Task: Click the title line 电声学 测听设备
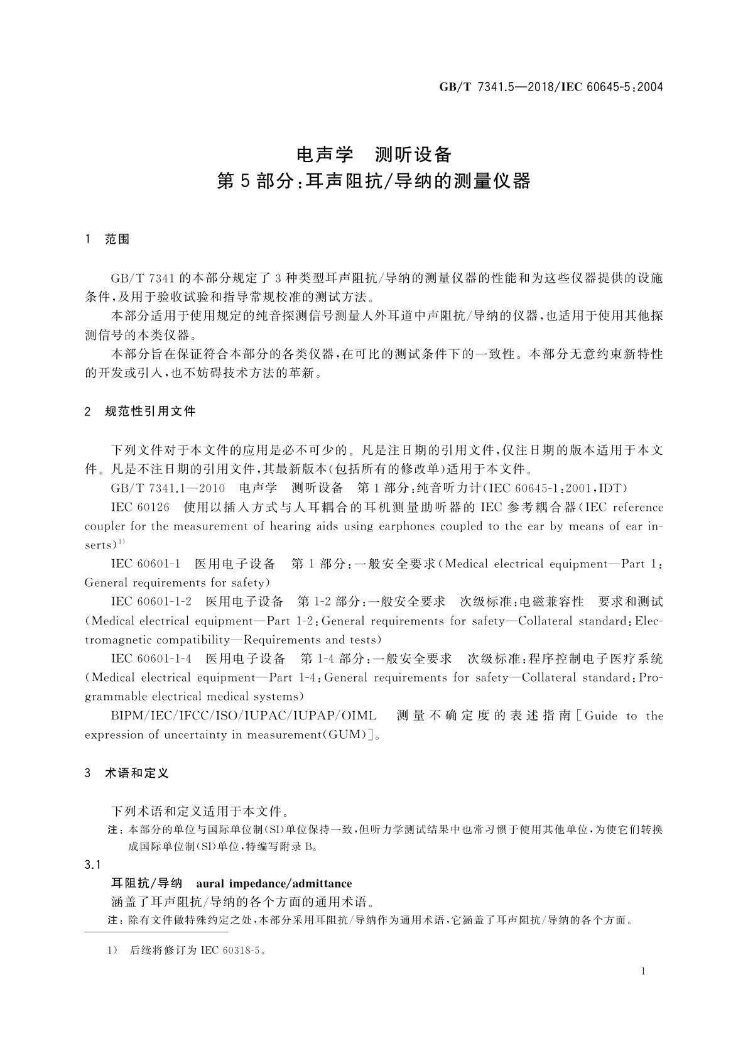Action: point(374,154)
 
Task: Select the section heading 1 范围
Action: point(107,239)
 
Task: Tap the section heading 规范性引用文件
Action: point(151,412)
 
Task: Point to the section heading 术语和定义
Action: point(137,773)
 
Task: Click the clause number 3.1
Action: point(93,865)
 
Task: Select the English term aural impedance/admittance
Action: point(274,883)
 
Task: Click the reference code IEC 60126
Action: point(140,508)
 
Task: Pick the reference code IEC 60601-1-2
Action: point(151,602)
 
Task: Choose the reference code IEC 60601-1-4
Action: point(151,658)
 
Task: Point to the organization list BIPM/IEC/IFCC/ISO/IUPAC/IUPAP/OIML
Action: point(244,716)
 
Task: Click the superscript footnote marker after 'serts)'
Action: point(122,542)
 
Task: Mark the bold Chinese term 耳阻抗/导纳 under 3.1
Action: point(146,883)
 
